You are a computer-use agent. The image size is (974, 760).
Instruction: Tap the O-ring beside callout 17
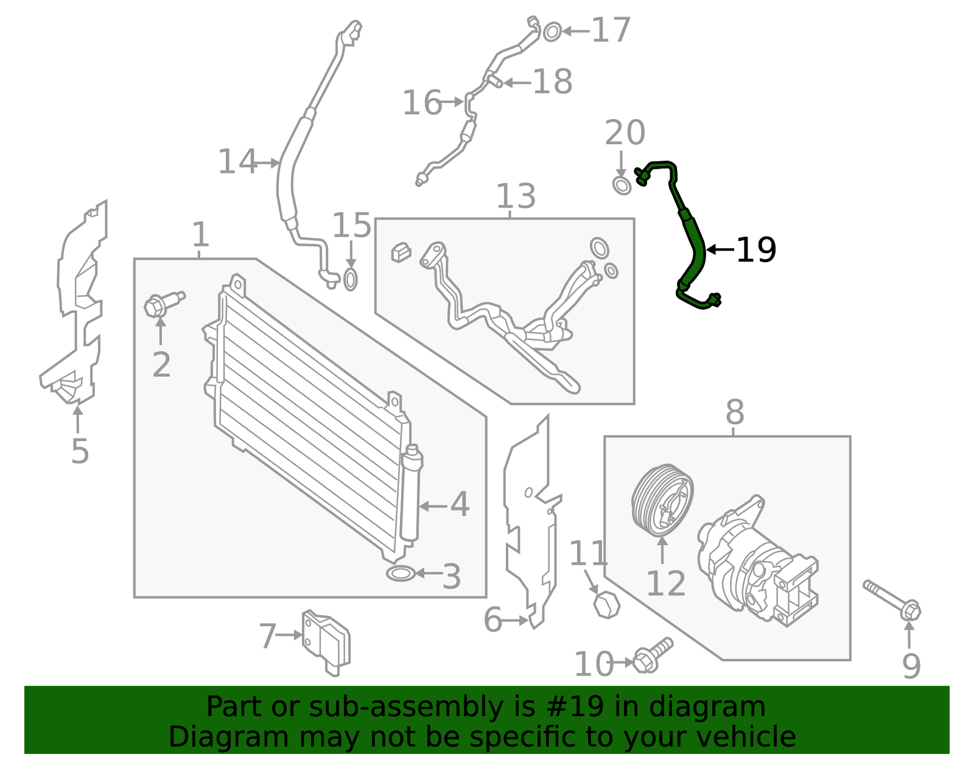552,32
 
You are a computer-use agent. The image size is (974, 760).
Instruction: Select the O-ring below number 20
622,186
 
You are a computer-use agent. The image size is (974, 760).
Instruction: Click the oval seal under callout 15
351,280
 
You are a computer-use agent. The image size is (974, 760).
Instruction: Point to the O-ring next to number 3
401,573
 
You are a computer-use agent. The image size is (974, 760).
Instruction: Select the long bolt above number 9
892,600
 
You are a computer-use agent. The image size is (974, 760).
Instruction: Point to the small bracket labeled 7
326,643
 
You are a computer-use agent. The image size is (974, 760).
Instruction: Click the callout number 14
237,162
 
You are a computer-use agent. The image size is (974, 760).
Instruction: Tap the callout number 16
422,103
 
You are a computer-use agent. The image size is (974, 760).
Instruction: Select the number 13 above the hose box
516,196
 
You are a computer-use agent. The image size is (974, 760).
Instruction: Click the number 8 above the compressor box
735,412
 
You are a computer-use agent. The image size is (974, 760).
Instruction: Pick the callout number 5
80,451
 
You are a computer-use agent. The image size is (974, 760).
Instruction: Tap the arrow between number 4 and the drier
433,506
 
